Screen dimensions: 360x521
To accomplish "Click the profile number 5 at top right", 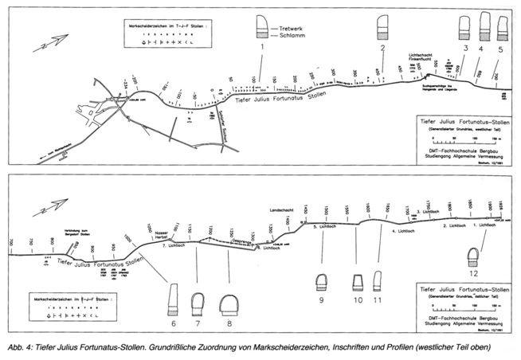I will click(x=500, y=49).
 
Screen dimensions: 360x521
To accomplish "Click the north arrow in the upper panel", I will click(x=42, y=47).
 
